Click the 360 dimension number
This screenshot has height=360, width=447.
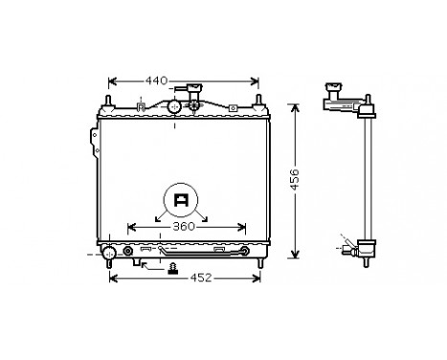(x=185, y=228)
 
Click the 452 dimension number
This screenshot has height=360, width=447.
(x=197, y=279)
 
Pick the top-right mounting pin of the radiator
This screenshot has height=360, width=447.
(x=257, y=100)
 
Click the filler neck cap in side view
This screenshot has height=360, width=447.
(x=334, y=93)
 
